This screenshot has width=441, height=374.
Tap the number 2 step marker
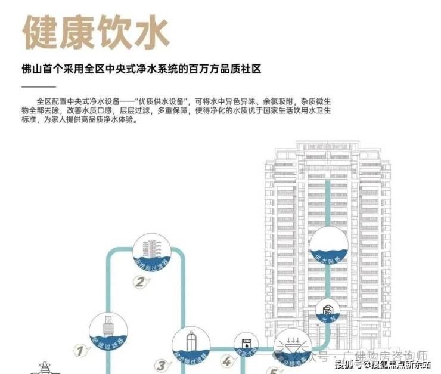coord(139,282)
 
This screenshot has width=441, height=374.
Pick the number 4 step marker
coord(227,361)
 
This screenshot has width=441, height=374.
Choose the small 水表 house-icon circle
coord(328,310)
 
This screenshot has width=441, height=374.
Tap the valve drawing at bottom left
coord(45,367)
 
